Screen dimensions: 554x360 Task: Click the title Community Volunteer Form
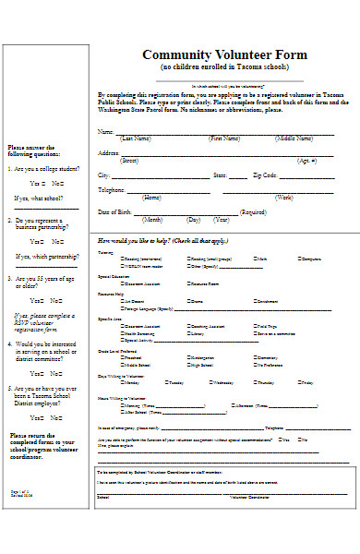point(224,54)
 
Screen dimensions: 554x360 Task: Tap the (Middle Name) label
point(297,138)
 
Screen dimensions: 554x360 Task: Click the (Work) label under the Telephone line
point(284,198)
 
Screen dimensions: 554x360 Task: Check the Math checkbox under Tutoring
point(255,259)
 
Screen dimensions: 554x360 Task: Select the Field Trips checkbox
point(255,326)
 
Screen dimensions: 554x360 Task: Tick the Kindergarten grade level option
point(188,356)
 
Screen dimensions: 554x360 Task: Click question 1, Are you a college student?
point(44,169)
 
